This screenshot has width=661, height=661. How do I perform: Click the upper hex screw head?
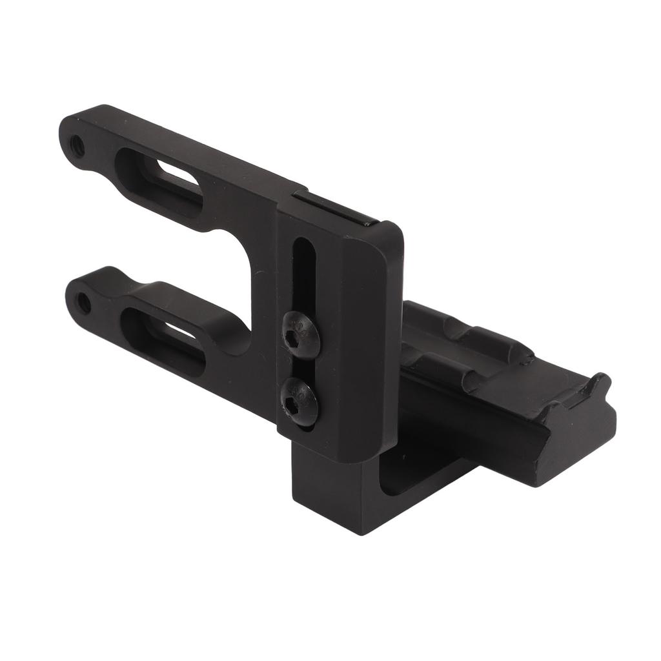301,333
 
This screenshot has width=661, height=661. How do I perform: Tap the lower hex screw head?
300,401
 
